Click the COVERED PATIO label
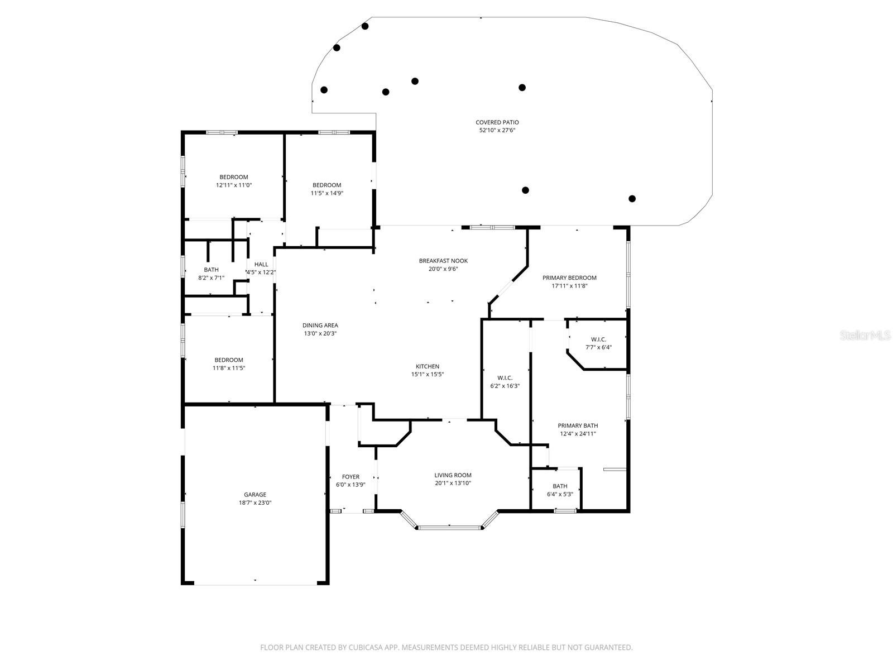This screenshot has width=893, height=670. [497, 122]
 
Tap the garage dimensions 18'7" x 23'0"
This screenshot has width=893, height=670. [255, 502]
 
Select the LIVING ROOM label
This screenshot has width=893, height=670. [453, 475]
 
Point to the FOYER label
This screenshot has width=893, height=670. [351, 477]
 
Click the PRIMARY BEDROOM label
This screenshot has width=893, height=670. [569, 277]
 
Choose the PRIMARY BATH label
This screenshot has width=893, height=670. [578, 425]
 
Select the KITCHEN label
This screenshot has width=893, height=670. [427, 366]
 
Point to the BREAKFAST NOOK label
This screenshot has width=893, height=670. [443, 261]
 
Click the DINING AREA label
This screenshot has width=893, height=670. [320, 326]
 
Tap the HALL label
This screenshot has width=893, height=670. [261, 265]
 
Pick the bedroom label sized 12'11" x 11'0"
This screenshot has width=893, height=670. [233, 177]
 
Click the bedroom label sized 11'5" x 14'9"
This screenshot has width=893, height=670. [327, 185]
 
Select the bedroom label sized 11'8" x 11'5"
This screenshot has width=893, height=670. [228, 360]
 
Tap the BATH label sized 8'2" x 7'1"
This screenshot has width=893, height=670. [211, 270]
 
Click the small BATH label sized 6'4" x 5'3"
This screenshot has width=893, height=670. [560, 486]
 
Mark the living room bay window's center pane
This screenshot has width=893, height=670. [450, 527]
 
